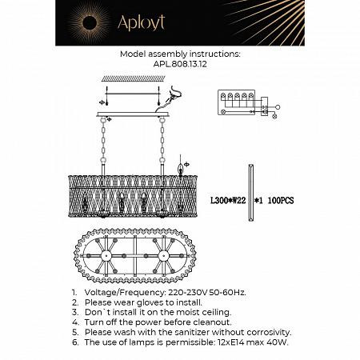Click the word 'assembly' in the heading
click(x=172, y=54)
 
